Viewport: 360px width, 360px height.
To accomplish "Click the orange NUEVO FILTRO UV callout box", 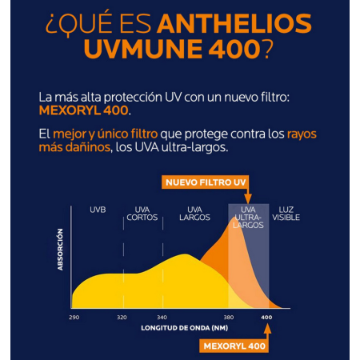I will click(206, 182).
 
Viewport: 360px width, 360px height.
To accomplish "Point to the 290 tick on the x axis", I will click(74, 317).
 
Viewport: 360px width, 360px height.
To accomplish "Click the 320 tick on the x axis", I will click(122, 317).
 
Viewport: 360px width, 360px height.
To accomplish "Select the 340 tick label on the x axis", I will click(161, 317).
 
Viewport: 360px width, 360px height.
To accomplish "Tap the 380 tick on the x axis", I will click(230, 317).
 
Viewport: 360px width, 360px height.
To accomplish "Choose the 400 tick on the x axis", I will click(266, 317).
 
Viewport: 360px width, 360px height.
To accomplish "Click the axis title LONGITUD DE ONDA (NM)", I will click(179, 329).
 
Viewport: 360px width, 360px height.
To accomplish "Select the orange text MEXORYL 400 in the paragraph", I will click(73, 110).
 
